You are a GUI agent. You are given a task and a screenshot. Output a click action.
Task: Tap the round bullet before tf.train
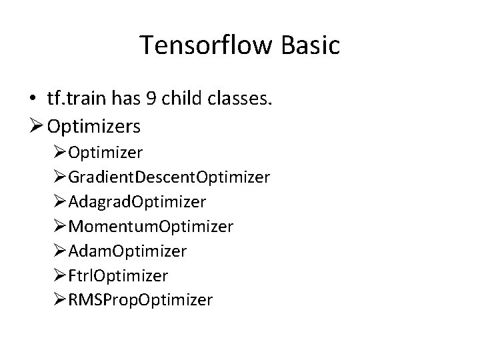[x=33, y=99]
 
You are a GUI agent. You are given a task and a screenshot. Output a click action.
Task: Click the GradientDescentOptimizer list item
[x=169, y=177]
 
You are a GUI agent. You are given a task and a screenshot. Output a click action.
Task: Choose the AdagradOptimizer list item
[x=137, y=201]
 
